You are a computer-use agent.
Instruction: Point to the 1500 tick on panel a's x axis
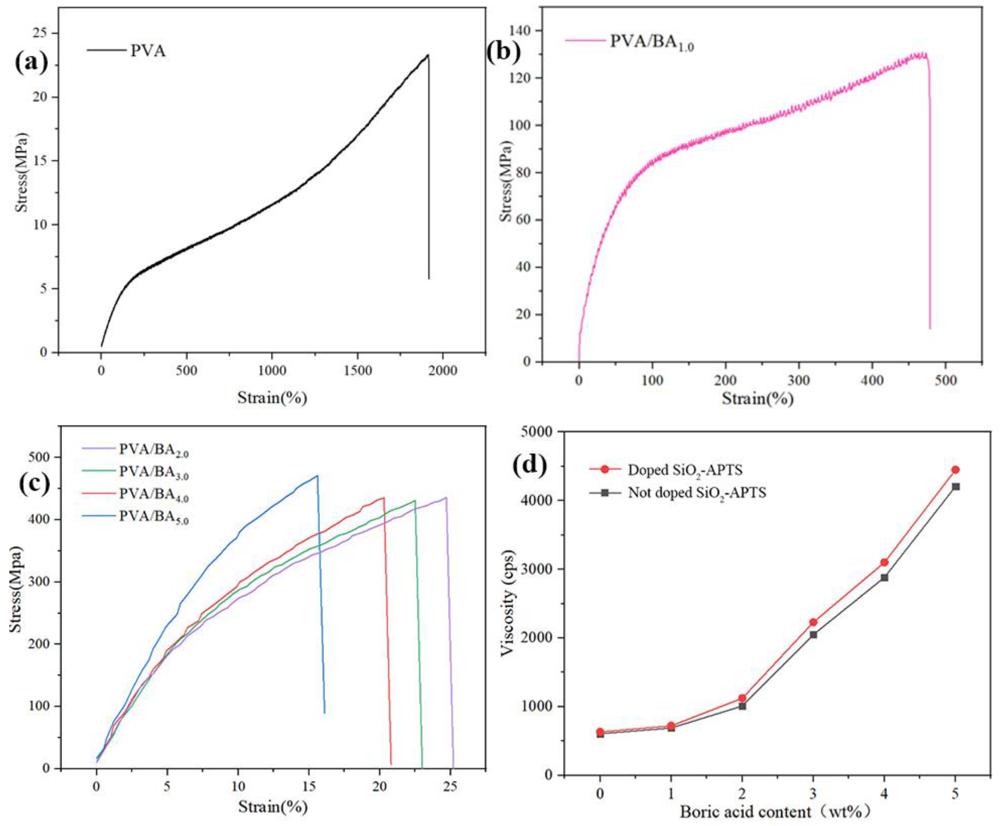[x=357, y=370]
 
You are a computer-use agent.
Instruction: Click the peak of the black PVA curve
[x=428, y=55]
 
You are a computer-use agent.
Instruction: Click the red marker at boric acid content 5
[x=955, y=470]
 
